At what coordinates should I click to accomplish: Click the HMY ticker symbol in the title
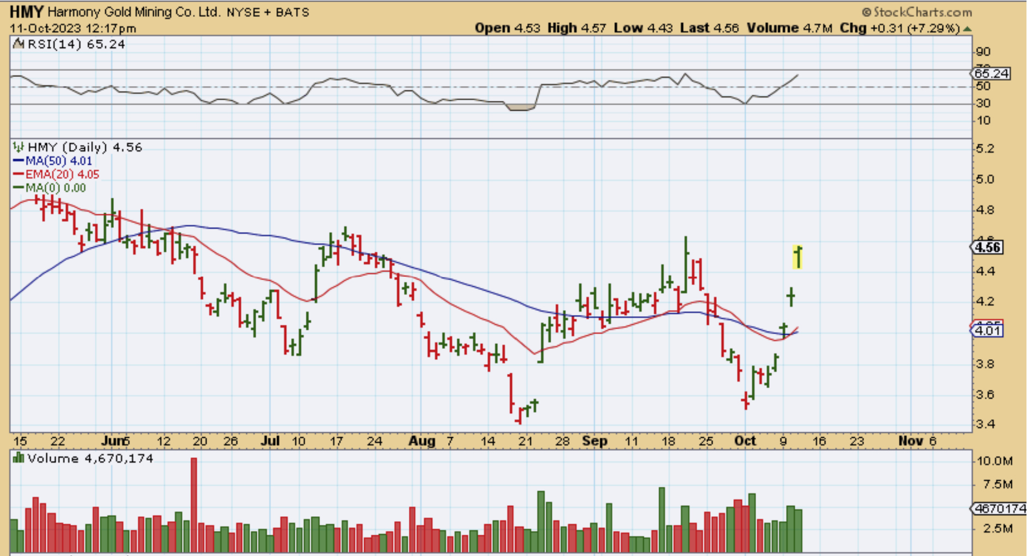tap(27, 11)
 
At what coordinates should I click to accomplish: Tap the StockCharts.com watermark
tap(917, 12)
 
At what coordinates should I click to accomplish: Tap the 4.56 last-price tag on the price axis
tap(988, 247)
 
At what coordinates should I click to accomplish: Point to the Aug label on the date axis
tap(422, 441)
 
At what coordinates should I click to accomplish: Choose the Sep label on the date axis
tap(594, 441)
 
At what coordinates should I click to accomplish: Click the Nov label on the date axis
tap(910, 441)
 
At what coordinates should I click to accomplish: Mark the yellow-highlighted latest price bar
tap(798, 257)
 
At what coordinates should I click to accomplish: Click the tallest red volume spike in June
tap(194, 504)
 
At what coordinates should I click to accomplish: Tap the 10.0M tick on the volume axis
tap(994, 461)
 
